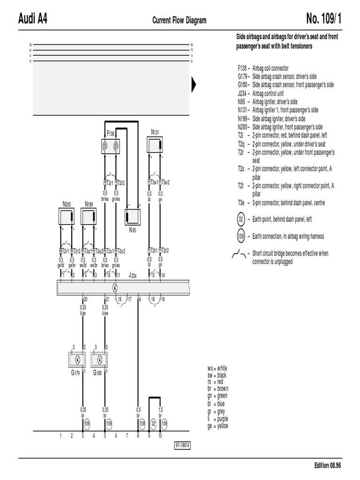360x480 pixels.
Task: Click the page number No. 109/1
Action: [324, 19]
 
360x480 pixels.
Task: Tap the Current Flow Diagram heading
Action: [179, 20]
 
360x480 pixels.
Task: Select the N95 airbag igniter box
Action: [133, 217]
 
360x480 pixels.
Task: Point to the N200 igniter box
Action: [66, 217]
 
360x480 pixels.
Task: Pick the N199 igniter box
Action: [89, 217]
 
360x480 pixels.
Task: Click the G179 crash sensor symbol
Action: [78, 360]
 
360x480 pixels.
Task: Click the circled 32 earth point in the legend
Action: [241, 219]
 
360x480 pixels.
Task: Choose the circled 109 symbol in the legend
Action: [241, 236]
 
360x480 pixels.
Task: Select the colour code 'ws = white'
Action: [217, 368]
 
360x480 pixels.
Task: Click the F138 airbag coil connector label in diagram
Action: [111, 134]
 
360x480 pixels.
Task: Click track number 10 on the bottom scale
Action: [160, 435]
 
